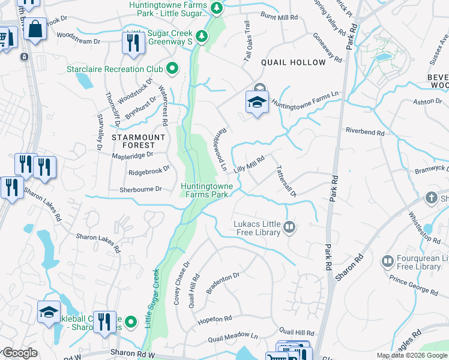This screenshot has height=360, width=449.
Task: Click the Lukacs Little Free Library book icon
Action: [x=290, y=227]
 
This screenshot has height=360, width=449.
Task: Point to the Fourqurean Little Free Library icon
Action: [x=387, y=260]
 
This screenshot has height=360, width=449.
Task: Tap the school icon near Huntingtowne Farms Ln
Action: [x=257, y=103]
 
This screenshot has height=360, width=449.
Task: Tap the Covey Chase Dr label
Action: [x=181, y=283]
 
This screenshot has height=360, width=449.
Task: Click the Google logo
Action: [x=20, y=353]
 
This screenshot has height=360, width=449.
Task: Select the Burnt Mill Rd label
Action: [x=279, y=17]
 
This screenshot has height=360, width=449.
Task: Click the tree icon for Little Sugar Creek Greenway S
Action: [x=203, y=36]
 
